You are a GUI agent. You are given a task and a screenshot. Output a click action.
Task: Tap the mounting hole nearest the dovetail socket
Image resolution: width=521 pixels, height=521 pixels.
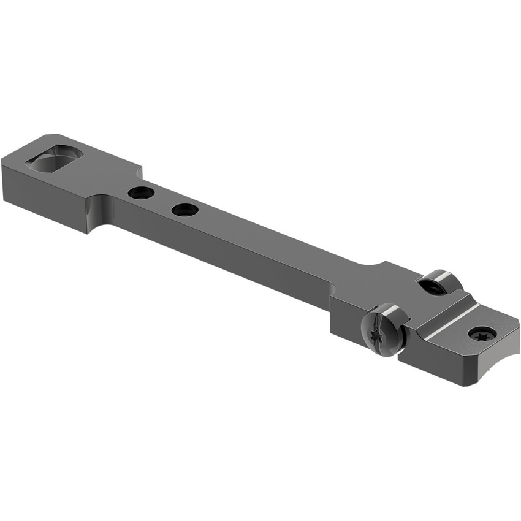(x=141, y=192)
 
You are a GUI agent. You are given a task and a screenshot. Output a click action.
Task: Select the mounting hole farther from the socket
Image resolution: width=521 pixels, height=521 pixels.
(x=184, y=210)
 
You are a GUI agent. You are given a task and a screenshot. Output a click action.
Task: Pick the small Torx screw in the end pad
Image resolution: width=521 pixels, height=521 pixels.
(x=482, y=334)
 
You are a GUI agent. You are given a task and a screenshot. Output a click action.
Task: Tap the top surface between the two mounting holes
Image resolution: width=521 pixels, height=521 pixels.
(x=163, y=201)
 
